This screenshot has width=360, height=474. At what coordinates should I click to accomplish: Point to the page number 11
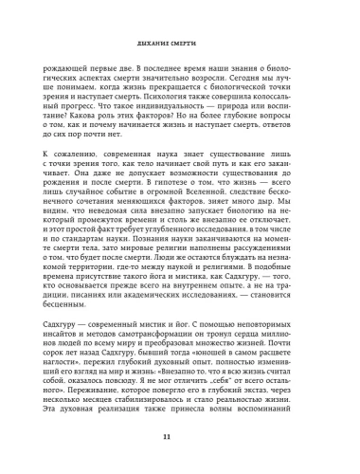[179, 436]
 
